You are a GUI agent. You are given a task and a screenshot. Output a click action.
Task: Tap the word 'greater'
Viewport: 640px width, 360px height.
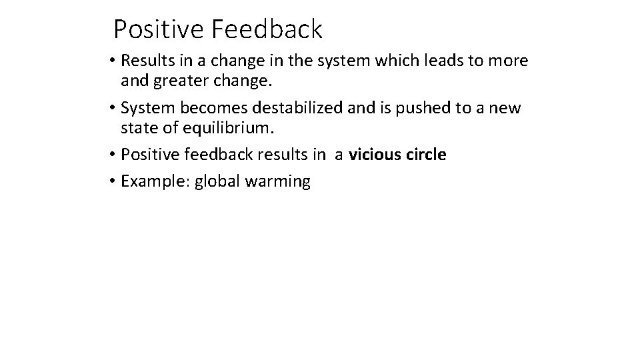pos(180,82)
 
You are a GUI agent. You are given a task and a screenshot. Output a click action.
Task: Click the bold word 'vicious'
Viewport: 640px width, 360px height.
pos(374,155)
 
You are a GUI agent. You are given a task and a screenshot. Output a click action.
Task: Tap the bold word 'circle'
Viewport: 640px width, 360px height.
pos(425,155)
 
